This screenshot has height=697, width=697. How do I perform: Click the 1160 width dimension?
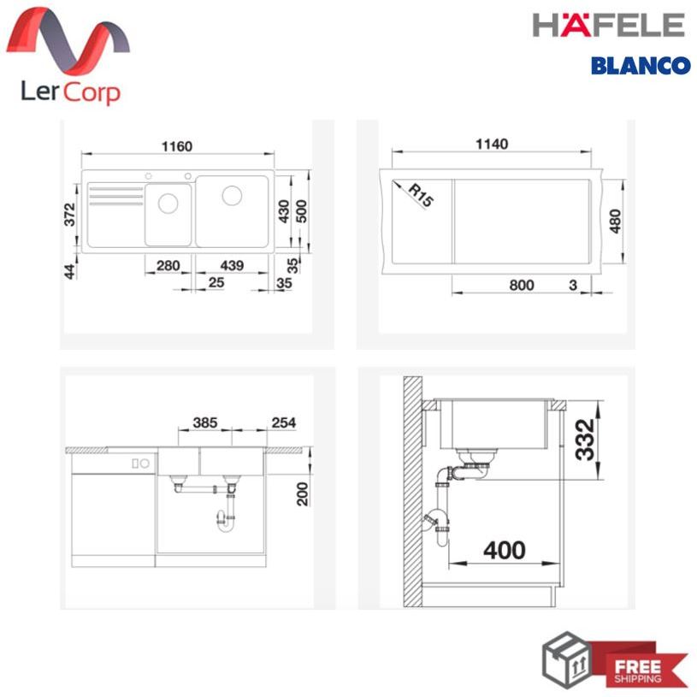click(177, 146)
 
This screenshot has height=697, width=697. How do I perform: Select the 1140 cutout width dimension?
click(492, 144)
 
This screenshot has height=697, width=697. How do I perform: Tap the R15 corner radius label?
click(421, 195)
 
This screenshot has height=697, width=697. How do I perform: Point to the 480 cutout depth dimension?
click(615, 221)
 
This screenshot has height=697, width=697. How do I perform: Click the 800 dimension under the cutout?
click(522, 285)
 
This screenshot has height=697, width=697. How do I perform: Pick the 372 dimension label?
click(70, 215)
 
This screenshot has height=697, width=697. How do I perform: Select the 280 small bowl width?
click(168, 265)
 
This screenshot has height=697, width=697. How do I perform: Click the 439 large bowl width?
click(232, 265)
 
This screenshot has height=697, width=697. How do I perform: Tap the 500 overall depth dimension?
click(301, 211)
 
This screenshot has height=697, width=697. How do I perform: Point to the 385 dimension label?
click(205, 422)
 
